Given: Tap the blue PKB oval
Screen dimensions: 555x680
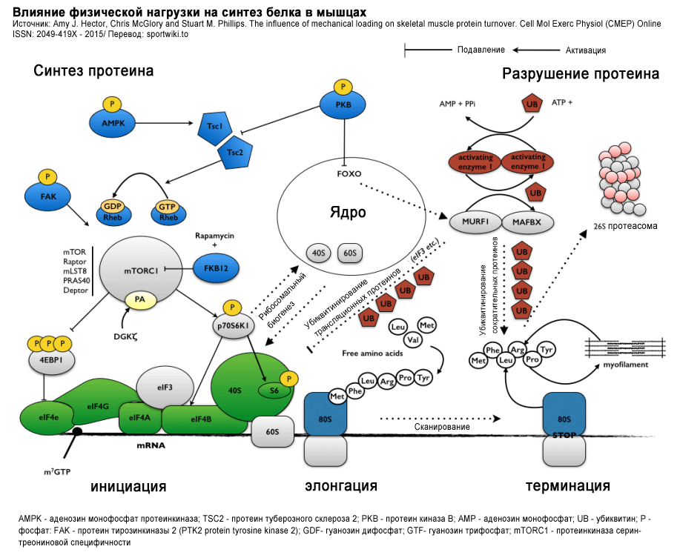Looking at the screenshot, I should pyautogui.click(x=343, y=105).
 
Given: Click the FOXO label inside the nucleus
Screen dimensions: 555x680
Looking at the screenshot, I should pyautogui.click(x=348, y=173).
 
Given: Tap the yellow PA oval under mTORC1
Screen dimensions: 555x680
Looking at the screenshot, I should pyautogui.click(x=140, y=300).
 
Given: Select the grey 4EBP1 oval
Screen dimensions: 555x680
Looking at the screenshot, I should pyautogui.click(x=48, y=361).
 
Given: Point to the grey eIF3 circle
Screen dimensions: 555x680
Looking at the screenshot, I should pyautogui.click(x=165, y=387).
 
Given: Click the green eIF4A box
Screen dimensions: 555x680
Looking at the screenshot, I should pyautogui.click(x=139, y=418).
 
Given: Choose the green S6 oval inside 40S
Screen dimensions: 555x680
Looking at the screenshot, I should pyautogui.click(x=274, y=390).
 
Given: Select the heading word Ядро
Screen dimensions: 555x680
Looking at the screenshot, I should pyautogui.click(x=348, y=213).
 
